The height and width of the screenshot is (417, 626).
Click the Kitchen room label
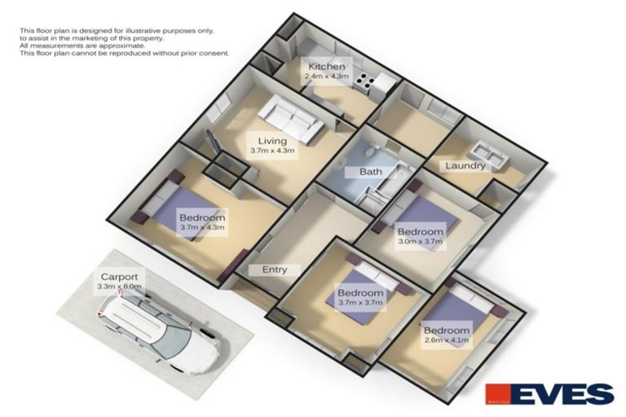[326, 67]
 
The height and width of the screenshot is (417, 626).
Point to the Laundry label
[465, 165]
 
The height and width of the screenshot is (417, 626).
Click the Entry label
[275, 270]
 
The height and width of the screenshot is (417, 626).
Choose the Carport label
[120, 277]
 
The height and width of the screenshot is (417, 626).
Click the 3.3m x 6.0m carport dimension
[120, 287]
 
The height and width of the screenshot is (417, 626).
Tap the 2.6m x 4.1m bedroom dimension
[446, 340]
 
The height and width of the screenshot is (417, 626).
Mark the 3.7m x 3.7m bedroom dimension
[360, 303]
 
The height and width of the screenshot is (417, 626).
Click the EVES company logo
[549, 394]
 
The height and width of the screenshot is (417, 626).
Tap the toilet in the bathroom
[369, 152]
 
